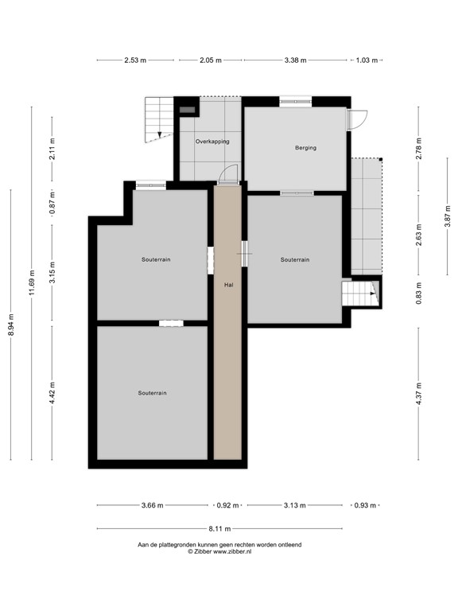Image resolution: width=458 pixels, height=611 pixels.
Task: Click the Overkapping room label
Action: (212, 142)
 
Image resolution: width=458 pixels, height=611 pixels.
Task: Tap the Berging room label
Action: (305, 148)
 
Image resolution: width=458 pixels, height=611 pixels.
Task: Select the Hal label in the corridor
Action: (229, 285)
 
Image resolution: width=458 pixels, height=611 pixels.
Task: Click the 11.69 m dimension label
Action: (33, 282)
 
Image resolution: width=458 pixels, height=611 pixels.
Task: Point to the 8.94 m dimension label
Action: (11, 325)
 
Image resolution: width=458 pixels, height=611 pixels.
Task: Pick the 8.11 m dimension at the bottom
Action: (219, 529)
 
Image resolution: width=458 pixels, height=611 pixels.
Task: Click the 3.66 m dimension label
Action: (153, 505)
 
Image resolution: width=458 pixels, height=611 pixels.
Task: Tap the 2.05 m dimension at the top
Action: (211, 60)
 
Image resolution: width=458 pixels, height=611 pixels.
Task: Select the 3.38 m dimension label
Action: (295, 60)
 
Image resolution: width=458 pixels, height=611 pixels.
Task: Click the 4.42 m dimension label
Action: (52, 393)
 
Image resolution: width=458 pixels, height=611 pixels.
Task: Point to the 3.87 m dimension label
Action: (448, 216)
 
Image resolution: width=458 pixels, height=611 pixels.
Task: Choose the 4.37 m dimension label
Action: (419, 394)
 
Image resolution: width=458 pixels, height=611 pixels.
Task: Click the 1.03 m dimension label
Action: (367, 60)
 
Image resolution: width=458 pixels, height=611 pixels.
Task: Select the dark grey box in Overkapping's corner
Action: (188, 110)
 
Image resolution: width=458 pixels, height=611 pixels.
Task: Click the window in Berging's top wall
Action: (296, 102)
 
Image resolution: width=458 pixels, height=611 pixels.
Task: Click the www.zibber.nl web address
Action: (232, 552)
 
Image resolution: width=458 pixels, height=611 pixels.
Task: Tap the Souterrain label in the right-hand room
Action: (295, 260)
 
